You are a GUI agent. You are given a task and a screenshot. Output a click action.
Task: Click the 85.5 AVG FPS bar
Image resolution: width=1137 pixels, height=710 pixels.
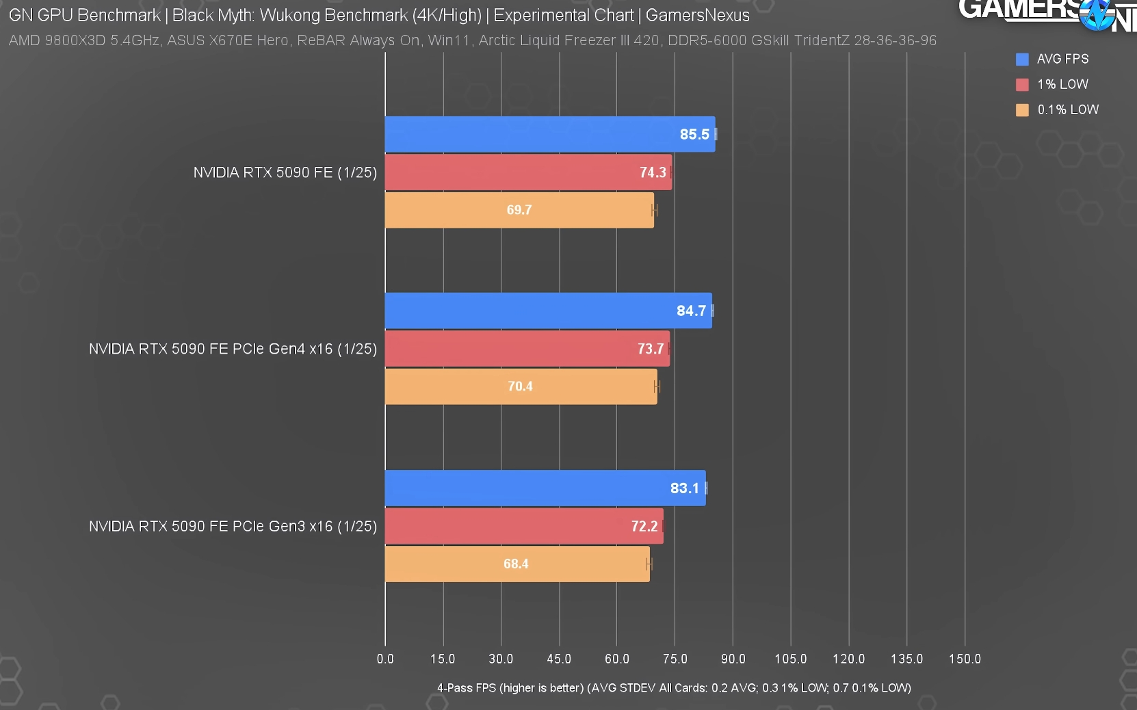[549, 134]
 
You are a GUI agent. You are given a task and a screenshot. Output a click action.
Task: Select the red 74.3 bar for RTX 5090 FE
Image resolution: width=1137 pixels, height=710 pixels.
[528, 172]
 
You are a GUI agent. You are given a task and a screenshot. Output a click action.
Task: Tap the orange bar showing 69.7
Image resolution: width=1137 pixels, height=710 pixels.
[519, 210]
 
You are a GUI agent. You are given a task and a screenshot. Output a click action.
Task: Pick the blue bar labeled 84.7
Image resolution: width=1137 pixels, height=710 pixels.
[548, 311]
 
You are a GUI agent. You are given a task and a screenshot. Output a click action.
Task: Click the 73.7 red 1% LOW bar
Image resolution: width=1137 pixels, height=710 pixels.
[527, 349]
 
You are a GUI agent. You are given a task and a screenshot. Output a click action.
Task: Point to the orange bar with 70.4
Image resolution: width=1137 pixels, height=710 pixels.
[521, 386]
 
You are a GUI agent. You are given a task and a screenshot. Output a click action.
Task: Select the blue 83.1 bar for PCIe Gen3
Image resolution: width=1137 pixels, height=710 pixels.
[545, 488]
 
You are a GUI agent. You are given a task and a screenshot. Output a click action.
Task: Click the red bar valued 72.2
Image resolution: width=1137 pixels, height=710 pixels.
[524, 526]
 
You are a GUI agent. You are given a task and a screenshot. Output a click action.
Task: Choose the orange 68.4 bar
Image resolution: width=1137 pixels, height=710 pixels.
[517, 564]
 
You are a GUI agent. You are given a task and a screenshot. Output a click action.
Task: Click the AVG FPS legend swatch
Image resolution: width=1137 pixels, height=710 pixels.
[1022, 60]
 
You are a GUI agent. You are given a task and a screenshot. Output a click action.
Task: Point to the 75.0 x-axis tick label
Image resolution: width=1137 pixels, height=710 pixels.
[675, 659]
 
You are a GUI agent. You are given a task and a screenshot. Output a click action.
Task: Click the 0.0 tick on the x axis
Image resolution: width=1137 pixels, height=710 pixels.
[385, 659]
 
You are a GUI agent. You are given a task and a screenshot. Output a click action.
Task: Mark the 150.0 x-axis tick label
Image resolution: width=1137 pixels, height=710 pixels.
[965, 659]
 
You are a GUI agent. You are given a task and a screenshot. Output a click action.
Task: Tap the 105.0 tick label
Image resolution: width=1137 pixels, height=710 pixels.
[790, 659]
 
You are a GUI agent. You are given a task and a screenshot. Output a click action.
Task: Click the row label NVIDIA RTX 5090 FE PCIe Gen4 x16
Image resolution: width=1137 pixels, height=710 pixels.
[233, 349]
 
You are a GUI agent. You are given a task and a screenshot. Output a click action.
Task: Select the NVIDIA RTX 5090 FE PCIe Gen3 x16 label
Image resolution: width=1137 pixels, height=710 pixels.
[233, 526]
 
